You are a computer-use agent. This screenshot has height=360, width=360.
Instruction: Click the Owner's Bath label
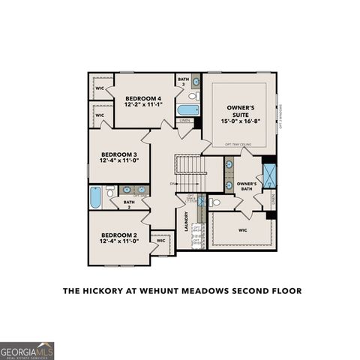(247, 187)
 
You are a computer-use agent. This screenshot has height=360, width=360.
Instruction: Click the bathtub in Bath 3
(187, 111)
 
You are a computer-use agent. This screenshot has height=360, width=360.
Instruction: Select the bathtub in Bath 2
(95, 198)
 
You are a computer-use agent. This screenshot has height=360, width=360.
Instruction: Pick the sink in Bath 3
(196, 82)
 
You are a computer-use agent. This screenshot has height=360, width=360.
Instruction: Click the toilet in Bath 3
(193, 97)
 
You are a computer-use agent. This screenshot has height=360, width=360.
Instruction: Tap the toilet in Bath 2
(111, 193)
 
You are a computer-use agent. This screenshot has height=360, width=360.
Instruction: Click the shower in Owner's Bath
(268, 170)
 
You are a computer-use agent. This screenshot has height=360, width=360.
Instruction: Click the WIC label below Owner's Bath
(243, 230)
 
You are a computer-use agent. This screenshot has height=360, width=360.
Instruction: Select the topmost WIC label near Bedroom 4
(99, 88)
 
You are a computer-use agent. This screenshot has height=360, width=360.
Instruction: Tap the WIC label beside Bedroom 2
(160, 241)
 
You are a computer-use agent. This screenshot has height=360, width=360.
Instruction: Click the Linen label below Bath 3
(184, 121)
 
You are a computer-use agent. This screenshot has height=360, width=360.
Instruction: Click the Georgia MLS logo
(27, 350)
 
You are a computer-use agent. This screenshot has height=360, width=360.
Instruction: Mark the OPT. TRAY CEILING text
(237, 144)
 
